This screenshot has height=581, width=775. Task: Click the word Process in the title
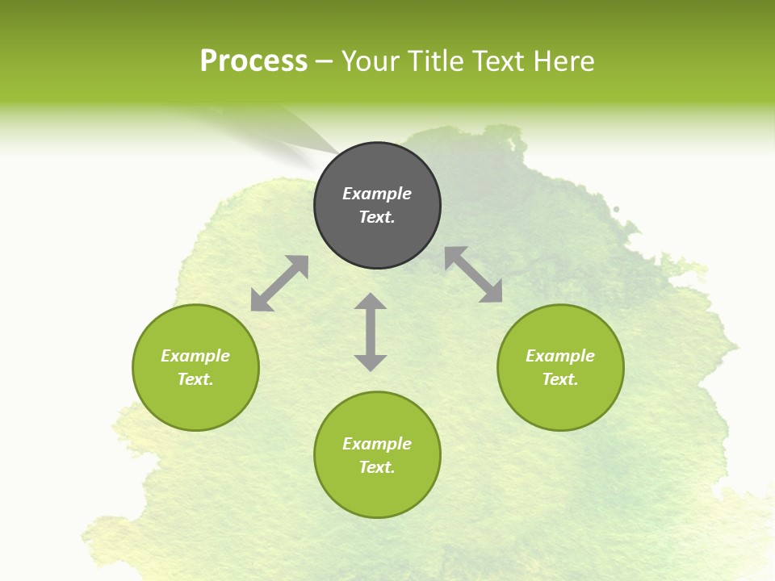(253, 61)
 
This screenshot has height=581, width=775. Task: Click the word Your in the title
(370, 61)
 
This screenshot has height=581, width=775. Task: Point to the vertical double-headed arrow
(371, 332)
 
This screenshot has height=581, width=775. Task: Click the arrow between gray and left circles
(279, 283)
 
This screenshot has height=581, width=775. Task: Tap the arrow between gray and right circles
(474, 274)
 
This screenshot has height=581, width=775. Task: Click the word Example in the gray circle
(377, 194)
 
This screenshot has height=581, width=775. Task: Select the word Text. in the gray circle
(377, 217)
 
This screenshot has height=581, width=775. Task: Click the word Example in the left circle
(195, 356)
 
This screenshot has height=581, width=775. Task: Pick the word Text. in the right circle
(560, 379)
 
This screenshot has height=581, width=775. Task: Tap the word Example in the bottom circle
(377, 444)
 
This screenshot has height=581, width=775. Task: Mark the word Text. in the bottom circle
(377, 467)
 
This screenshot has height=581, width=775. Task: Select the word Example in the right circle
(560, 356)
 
